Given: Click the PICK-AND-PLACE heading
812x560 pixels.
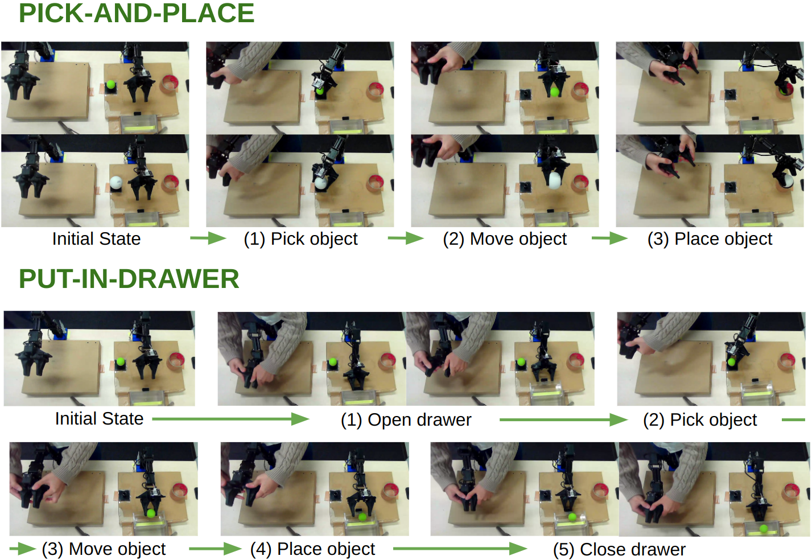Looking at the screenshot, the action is [x=137, y=14].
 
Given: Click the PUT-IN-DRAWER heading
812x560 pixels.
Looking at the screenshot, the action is [x=129, y=279].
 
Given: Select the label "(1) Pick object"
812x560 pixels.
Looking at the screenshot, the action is [x=300, y=239].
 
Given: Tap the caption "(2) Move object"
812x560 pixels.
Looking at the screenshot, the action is [x=505, y=239].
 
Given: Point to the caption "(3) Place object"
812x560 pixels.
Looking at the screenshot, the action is [x=710, y=239].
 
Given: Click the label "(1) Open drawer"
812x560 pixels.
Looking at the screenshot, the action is [x=406, y=420].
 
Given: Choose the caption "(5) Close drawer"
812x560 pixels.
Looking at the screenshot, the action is [x=619, y=550].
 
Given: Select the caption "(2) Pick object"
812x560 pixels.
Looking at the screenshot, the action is [x=700, y=420].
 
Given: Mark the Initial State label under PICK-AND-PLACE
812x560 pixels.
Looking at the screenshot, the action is [x=96, y=239].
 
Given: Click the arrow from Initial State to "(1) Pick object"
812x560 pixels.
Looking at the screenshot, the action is [x=208, y=238].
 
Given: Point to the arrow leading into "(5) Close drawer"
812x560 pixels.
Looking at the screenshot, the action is [x=460, y=549].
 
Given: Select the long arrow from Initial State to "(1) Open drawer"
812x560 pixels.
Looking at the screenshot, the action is [x=230, y=419].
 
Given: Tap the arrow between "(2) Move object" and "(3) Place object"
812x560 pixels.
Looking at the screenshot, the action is [x=609, y=238].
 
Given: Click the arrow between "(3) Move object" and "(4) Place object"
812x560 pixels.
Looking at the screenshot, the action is [x=215, y=549].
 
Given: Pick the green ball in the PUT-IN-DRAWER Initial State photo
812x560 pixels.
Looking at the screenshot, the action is [x=121, y=362].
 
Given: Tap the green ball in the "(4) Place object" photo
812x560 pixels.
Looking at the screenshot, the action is [x=361, y=517].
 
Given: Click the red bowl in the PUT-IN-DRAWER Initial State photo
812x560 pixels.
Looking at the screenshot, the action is [x=178, y=361].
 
